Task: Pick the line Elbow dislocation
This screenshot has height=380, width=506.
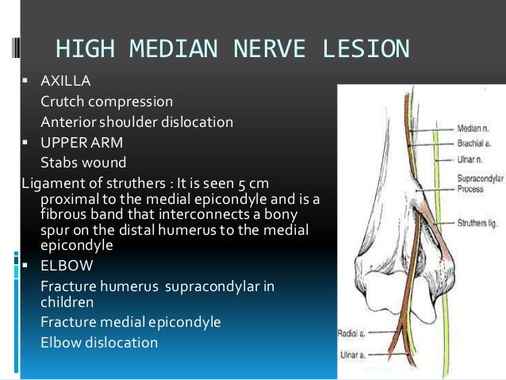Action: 99,343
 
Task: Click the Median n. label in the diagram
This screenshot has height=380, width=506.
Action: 474,126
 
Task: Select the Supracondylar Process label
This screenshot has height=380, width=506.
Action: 478,174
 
